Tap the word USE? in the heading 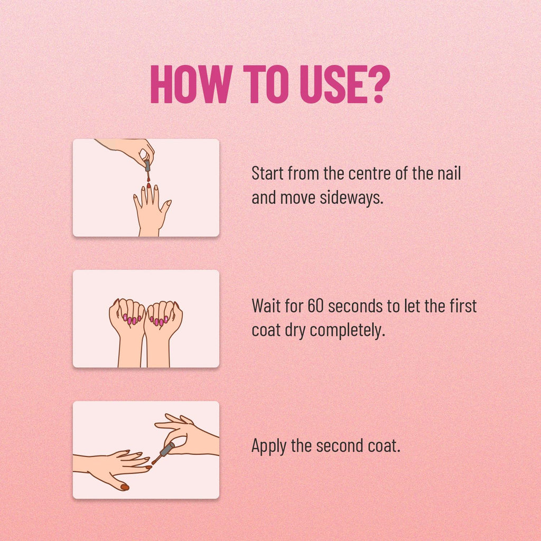point(345,84)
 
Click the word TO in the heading point(266,84)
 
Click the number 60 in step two point(315,306)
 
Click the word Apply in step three point(269,446)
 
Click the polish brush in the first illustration point(148,170)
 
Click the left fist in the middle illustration point(127,332)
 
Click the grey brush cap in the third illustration point(167,449)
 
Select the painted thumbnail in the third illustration point(125,487)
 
